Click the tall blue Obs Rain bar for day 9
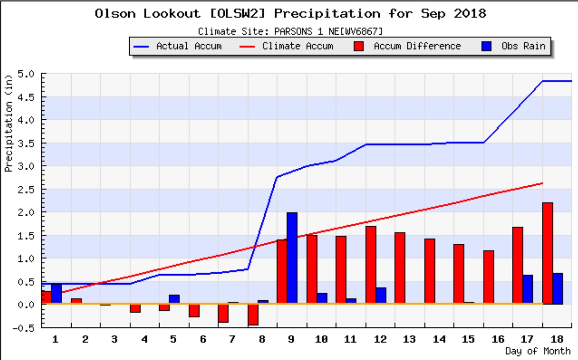[292, 258]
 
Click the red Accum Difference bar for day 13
[400, 268]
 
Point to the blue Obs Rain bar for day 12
[381, 296]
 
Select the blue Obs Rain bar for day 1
[56, 294]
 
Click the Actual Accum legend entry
[180, 46]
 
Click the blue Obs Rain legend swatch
[487, 46]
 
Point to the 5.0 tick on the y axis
[30, 74]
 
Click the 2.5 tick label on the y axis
[30, 189]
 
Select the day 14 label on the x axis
[439, 339]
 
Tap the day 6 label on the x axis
[203, 339]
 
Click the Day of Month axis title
[538, 351]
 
